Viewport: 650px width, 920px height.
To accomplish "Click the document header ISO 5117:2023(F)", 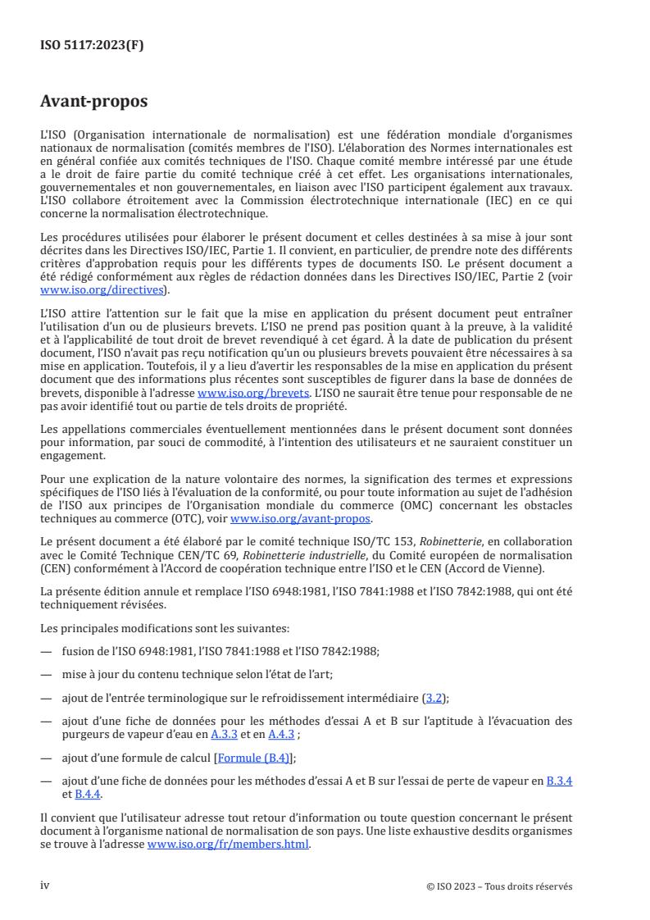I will point(92,46).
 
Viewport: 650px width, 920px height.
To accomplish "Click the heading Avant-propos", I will point(93,102).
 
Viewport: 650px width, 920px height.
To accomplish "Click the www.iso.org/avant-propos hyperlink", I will point(301,519).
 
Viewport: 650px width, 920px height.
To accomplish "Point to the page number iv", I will point(45,886).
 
